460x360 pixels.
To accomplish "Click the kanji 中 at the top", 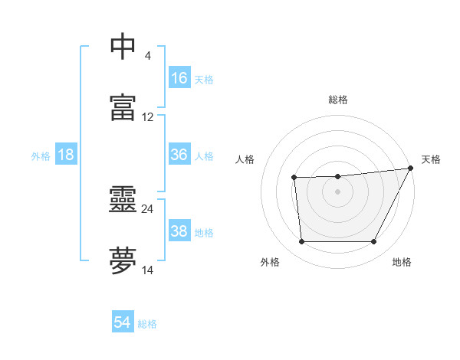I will [123, 46].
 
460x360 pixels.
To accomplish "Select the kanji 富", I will [123, 107].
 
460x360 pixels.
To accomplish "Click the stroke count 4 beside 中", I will [147, 56].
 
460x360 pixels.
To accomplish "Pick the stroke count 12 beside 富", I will [148, 117].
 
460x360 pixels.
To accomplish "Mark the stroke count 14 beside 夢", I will [148, 270].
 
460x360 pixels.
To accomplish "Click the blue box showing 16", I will [179, 78].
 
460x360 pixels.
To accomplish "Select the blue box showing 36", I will [179, 155].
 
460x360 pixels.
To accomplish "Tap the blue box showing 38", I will [179, 231].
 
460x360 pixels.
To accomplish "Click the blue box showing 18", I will [66, 155].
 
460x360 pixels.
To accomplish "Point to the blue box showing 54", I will [123, 322].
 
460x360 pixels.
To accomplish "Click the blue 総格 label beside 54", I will [147, 324].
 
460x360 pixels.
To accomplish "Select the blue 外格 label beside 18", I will [41, 156].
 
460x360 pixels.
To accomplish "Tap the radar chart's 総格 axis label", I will [338, 100].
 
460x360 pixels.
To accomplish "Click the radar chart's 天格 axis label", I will [431, 159].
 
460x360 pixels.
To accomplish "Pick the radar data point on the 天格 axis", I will [412, 168].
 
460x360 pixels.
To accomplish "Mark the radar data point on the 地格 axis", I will [374, 242].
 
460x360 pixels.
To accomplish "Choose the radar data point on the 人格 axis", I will [294, 178].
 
